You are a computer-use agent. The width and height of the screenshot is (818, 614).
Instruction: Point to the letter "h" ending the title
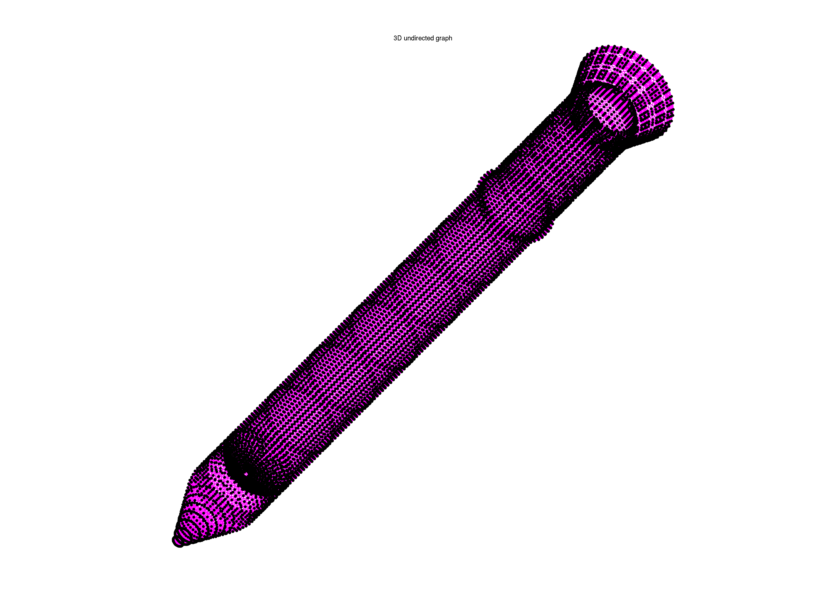(x=450, y=38)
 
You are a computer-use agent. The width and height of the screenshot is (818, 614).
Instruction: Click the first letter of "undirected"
(x=406, y=39)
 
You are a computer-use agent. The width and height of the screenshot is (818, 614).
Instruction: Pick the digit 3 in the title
(x=395, y=38)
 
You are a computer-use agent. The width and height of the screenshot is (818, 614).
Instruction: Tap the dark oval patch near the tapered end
(x=251, y=470)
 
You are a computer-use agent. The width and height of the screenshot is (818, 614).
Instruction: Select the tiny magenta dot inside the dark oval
(x=246, y=474)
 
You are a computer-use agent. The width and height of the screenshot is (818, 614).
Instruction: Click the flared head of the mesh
(x=625, y=93)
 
